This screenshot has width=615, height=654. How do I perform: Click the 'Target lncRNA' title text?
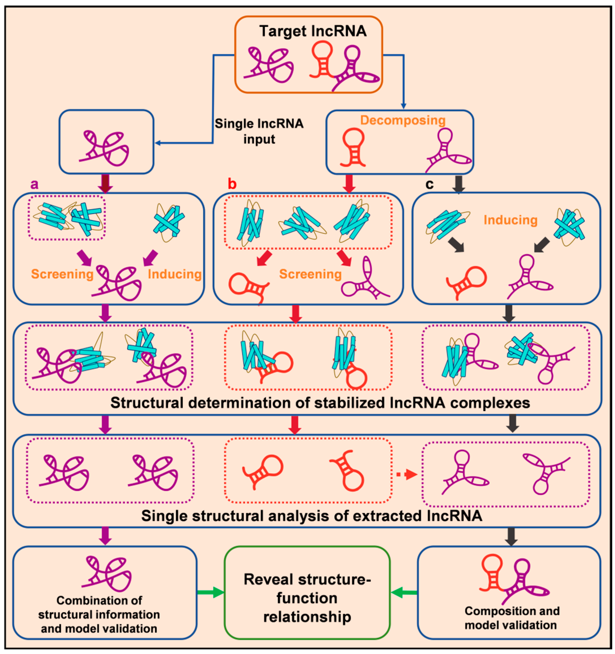click(x=313, y=31)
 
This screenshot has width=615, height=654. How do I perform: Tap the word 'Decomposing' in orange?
click(x=403, y=120)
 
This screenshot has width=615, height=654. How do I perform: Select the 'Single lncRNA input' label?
click(x=259, y=131)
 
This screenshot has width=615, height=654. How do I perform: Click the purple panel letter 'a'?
click(x=34, y=184)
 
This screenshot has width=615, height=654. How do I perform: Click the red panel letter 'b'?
click(x=232, y=184)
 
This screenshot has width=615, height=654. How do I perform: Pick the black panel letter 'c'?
click(x=429, y=184)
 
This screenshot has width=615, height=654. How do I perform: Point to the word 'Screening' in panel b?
click(x=310, y=274)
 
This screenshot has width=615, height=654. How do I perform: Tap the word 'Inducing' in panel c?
click(x=510, y=220)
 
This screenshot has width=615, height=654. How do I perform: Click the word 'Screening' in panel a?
click(x=62, y=274)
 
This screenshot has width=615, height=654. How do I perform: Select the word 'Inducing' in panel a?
click(x=175, y=274)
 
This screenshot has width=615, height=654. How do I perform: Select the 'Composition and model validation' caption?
click(x=512, y=618)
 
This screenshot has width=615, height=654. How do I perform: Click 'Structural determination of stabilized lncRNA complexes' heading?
click(x=320, y=403)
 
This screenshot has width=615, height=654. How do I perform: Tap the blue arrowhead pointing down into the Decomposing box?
click(x=404, y=106)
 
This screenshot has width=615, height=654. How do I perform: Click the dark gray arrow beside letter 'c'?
click(x=459, y=184)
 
